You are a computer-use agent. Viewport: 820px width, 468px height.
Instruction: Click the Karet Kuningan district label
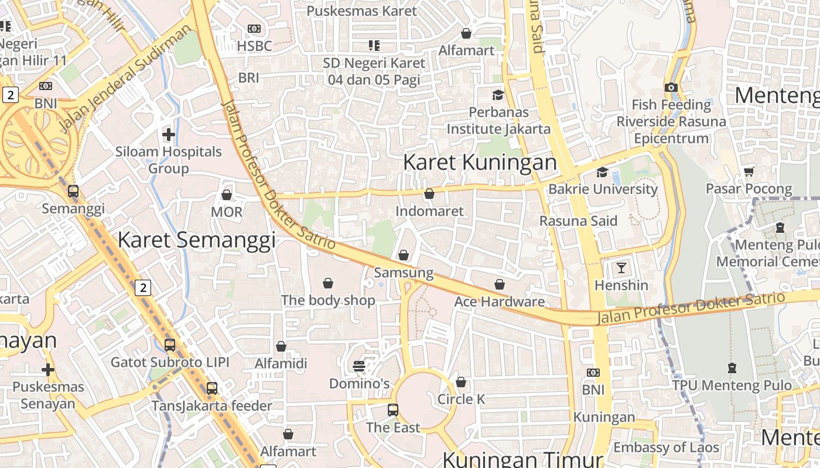(x=480, y=162)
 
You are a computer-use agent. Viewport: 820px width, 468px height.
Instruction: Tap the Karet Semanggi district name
(x=196, y=240)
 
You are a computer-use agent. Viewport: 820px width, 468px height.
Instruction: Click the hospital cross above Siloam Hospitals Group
(x=169, y=135)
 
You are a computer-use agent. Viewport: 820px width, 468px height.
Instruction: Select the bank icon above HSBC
(x=254, y=29)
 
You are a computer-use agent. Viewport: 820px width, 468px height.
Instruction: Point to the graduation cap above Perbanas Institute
(x=498, y=95)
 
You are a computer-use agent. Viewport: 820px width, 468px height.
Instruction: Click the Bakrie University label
(x=603, y=189)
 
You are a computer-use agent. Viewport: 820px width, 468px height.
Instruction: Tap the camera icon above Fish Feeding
(x=671, y=88)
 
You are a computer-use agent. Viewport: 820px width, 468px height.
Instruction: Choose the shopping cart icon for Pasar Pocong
(x=749, y=171)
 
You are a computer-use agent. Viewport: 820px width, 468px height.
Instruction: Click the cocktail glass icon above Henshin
(x=621, y=268)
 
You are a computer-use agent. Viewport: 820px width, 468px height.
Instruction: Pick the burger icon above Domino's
(x=359, y=366)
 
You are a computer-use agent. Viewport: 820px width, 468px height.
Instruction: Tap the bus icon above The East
(x=393, y=410)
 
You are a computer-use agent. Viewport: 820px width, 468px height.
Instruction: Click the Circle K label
(x=462, y=399)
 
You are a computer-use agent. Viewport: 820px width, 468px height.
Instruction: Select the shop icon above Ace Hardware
(x=500, y=284)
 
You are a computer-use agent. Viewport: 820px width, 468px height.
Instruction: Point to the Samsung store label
(x=404, y=273)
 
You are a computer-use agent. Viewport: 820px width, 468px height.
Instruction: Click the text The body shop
(x=328, y=300)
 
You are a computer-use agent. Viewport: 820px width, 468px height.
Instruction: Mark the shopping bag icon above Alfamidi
(x=281, y=346)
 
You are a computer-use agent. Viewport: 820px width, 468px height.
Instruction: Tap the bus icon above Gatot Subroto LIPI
(x=170, y=345)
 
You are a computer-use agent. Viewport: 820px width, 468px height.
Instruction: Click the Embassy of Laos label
(x=666, y=448)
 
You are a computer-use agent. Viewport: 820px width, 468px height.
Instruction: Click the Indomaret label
(x=429, y=211)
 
